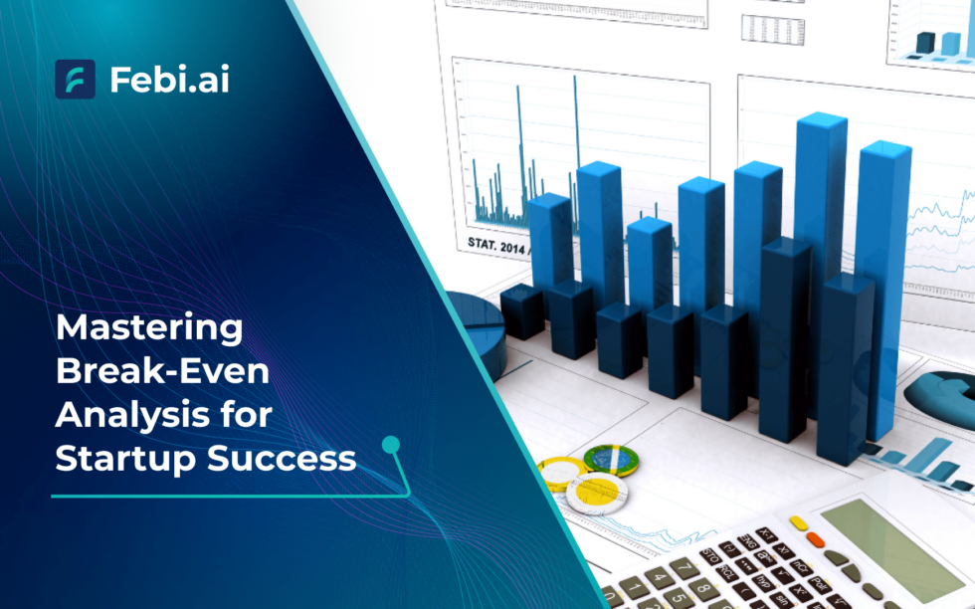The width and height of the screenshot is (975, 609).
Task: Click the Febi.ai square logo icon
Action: point(75,79)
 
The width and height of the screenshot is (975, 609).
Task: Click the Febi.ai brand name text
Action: point(169,80)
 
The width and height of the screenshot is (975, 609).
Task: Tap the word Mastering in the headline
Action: point(148,328)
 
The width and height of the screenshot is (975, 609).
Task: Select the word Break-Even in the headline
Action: point(162,371)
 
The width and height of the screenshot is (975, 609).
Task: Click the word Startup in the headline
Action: point(120,458)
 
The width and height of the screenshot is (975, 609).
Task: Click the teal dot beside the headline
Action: point(391,444)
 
